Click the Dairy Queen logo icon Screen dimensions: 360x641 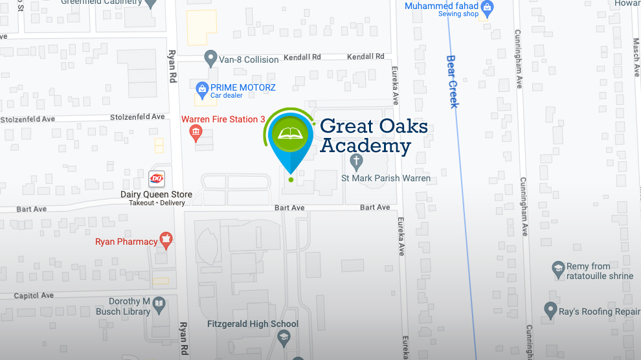[x=157, y=178]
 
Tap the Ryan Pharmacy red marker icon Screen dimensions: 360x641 [x=166, y=241]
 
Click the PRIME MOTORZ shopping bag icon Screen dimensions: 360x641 [x=202, y=88]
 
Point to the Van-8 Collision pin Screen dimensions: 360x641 [x=210, y=58]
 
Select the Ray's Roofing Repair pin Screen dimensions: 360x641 [x=551, y=311]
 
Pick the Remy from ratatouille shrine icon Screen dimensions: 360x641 [x=558, y=269]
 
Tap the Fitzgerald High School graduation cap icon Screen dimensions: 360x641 [x=284, y=337]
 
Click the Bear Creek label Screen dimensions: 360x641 [x=453, y=81]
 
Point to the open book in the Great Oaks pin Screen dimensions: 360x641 [x=291, y=135]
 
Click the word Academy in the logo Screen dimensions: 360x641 [x=365, y=146]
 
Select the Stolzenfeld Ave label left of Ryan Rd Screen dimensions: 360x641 [x=28, y=119]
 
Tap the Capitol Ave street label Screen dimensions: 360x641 [x=34, y=295]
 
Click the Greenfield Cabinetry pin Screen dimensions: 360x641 [x=152, y=3]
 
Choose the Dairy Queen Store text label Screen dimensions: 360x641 [x=156, y=194]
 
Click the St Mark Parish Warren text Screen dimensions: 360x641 [x=386, y=178]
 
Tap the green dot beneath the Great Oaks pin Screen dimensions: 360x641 [x=291, y=179]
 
